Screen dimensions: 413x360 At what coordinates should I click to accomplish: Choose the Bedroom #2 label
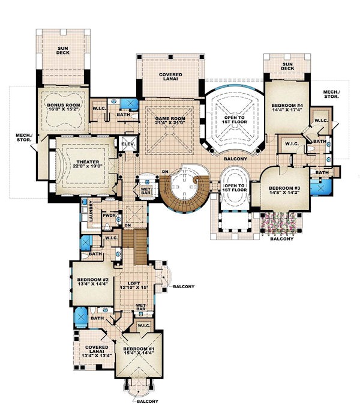pyautogui.click(x=91, y=279)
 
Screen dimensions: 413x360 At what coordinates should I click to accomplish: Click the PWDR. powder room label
pyautogui.click(x=109, y=215)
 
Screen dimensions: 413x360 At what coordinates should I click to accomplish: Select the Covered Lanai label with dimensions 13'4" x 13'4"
pyautogui.click(x=95, y=350)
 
